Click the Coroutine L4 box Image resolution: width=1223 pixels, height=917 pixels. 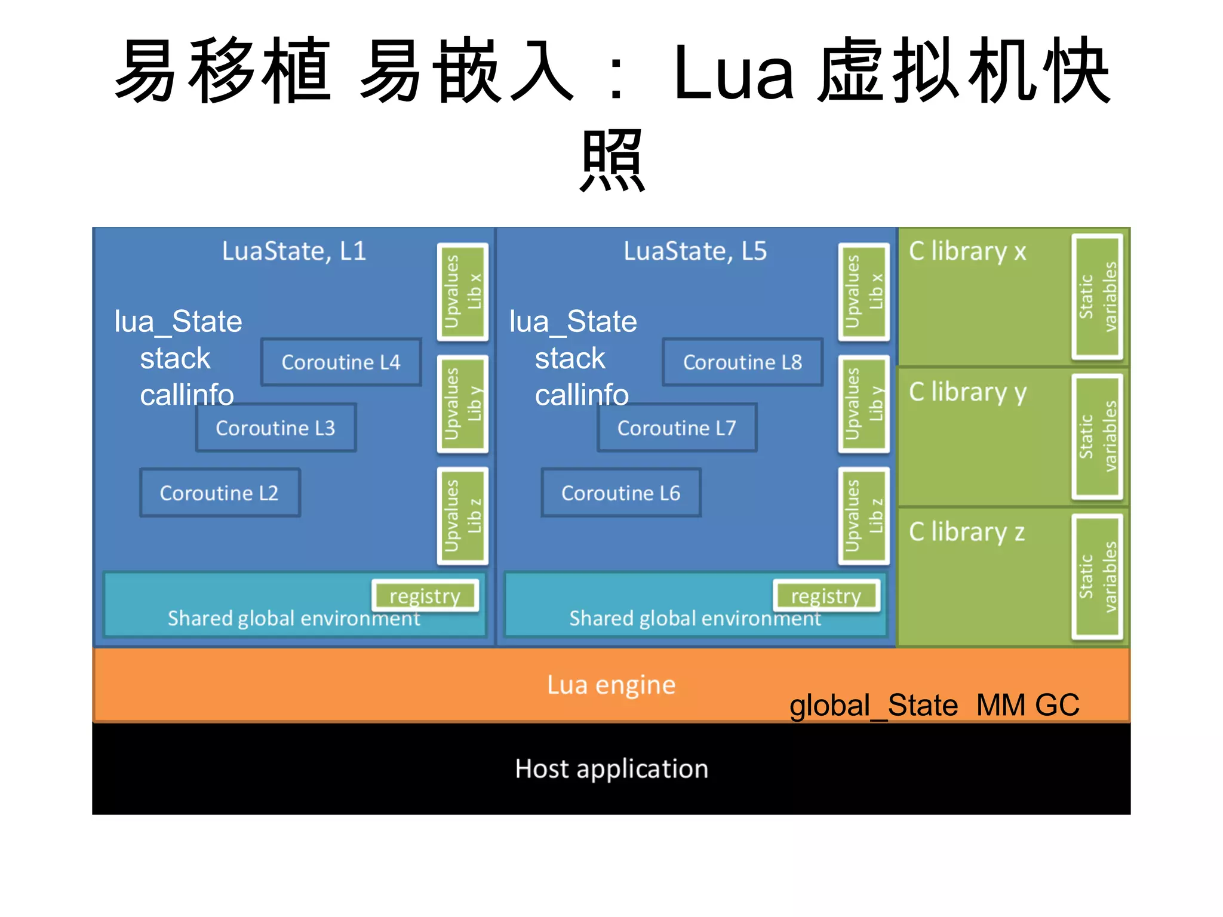[341, 362]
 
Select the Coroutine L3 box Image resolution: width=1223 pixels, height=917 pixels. [275, 427]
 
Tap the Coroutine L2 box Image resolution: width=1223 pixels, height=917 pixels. [220, 493]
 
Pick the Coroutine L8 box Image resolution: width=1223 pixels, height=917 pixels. [742, 362]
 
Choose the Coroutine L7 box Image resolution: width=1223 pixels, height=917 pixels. [677, 427]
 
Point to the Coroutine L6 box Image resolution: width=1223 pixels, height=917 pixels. [621, 493]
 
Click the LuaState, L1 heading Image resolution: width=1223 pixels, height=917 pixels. [294, 251]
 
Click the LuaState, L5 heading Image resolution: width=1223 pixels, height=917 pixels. [695, 251]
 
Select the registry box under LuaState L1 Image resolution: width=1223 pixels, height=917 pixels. [425, 595]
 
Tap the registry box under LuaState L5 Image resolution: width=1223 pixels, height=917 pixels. [826, 595]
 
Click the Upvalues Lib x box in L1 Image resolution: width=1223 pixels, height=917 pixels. [463, 292]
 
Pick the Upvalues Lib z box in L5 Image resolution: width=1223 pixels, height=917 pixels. [864, 516]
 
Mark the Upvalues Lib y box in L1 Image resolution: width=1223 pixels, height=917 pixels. [463, 404]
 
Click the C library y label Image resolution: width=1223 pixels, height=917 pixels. [967, 392]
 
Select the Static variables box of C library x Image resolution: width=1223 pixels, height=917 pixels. [1098, 297]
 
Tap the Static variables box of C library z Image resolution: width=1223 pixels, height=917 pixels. [1098, 577]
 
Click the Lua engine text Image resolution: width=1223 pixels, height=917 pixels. [611, 685]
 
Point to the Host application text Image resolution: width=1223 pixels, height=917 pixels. [611, 768]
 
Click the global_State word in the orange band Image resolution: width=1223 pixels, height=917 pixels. [874, 705]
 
